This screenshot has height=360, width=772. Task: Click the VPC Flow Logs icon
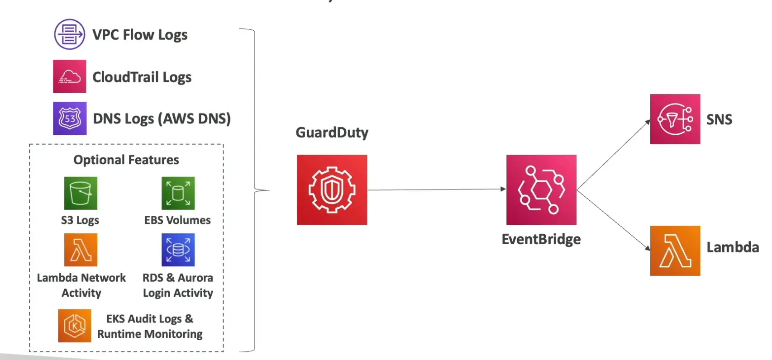69,34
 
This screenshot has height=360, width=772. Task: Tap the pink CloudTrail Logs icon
69,76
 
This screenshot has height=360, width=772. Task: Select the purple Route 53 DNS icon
70,118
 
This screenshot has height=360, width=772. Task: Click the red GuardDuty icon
332,190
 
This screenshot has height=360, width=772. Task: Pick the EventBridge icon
541,190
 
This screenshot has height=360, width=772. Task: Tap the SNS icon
675,119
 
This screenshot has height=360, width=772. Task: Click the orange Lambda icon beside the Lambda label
675,251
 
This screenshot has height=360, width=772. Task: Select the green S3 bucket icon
81,193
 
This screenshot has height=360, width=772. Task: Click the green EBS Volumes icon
178,193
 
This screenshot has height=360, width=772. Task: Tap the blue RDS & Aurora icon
178,250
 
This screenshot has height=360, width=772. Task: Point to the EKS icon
74,326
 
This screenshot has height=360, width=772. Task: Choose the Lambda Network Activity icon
81,250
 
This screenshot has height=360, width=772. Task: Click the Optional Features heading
126,160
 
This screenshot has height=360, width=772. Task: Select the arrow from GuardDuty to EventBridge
436,189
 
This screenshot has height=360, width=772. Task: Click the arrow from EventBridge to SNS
614,155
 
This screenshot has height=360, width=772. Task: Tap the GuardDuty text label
332,133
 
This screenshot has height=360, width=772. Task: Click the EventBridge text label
541,239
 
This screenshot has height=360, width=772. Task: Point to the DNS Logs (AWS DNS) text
162,119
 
